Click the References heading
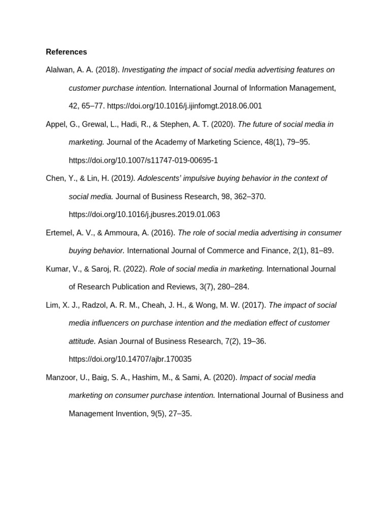(66, 52)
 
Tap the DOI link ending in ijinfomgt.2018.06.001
(184, 106)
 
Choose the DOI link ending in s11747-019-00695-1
(143, 160)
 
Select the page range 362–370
(249, 196)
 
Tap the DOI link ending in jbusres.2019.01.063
(144, 214)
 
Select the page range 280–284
(233, 287)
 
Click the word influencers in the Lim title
(109, 323)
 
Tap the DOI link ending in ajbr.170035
(130, 359)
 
